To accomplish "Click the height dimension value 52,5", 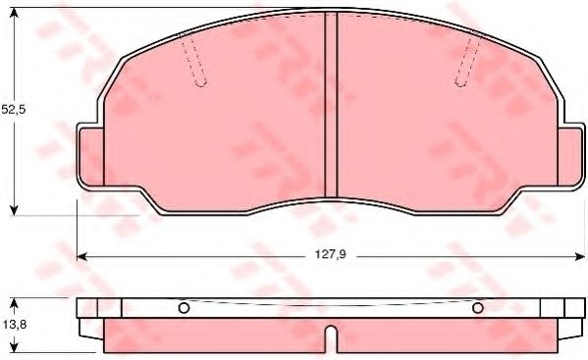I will tap(12, 110).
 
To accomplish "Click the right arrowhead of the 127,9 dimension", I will tap(578, 256).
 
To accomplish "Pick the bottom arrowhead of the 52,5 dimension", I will tap(14, 209).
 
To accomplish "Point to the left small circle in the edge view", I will tap(183, 309).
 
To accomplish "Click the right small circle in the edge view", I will tap(478, 309).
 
